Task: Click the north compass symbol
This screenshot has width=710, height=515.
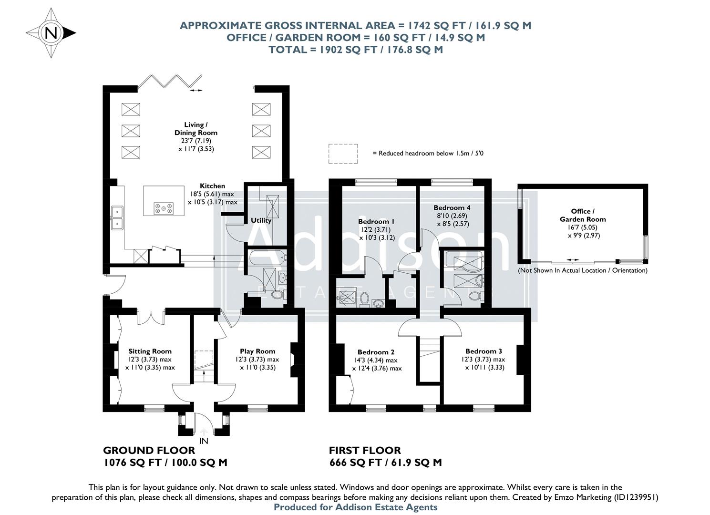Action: click(51, 33)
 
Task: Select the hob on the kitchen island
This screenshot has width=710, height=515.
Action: click(164, 208)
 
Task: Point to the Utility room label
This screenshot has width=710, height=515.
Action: click(261, 220)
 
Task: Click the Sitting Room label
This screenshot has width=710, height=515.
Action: click(150, 351)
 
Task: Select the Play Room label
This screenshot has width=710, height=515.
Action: click(257, 351)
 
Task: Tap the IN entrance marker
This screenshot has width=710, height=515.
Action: click(204, 441)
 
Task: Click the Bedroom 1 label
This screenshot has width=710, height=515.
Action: click(376, 221)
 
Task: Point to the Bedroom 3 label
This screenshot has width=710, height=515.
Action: click(484, 351)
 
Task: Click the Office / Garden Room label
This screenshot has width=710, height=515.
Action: click(583, 215)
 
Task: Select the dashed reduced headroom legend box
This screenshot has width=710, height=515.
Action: click(343, 154)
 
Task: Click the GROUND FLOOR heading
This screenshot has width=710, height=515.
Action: click(149, 450)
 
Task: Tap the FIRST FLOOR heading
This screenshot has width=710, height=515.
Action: click(365, 450)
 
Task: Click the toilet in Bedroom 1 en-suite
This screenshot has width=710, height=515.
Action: click(364, 299)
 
